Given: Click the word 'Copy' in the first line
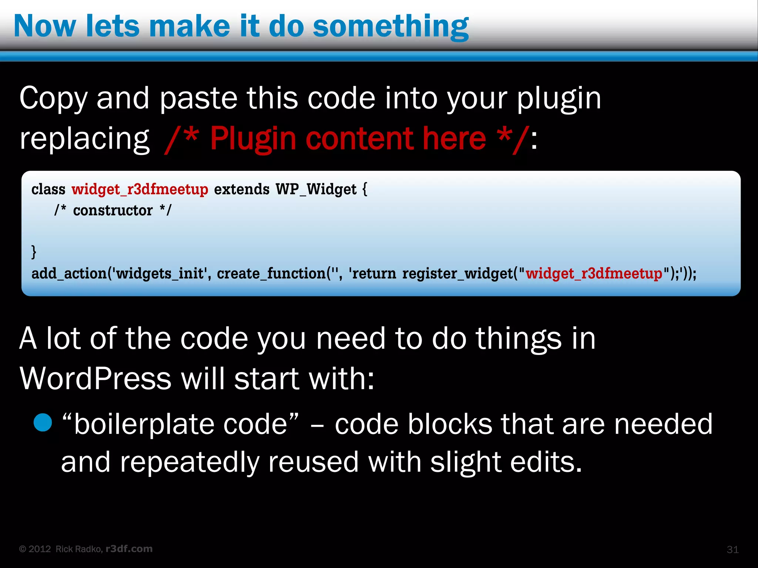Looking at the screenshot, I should (53, 98).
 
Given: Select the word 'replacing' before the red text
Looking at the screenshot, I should (84, 139).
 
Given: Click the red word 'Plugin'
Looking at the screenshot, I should (253, 139).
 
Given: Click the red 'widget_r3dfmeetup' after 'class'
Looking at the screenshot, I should (140, 189).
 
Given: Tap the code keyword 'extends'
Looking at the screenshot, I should (242, 189).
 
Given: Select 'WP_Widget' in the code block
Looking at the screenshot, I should (316, 189).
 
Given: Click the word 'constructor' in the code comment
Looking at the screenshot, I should (113, 210).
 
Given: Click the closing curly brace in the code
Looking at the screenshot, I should (34, 251).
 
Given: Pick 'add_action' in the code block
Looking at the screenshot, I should (69, 274).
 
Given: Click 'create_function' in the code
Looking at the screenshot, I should (271, 274).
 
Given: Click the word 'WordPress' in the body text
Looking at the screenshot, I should (95, 379).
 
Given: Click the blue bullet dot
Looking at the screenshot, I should (43, 423).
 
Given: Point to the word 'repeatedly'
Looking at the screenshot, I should (189, 462).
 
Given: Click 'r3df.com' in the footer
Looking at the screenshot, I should (129, 549).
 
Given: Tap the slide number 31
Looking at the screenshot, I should (732, 550).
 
